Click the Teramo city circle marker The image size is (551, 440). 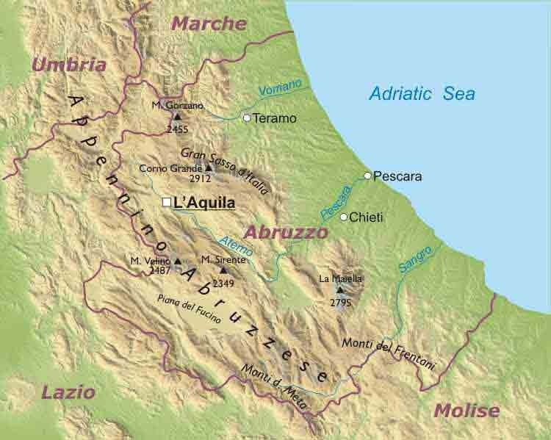247,118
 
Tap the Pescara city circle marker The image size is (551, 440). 367,176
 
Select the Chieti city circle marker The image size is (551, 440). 343,217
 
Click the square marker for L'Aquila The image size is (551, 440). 166,202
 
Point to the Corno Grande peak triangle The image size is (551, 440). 209,167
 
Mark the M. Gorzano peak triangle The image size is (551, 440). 177,116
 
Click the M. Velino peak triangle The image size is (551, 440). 177,260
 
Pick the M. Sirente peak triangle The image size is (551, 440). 223,270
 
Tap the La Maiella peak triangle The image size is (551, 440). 339,289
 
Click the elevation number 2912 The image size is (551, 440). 200,178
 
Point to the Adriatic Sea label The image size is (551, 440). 422,94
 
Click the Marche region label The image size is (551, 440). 209,24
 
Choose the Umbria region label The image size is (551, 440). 68,65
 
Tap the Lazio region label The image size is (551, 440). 68,392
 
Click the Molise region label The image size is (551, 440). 466,411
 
